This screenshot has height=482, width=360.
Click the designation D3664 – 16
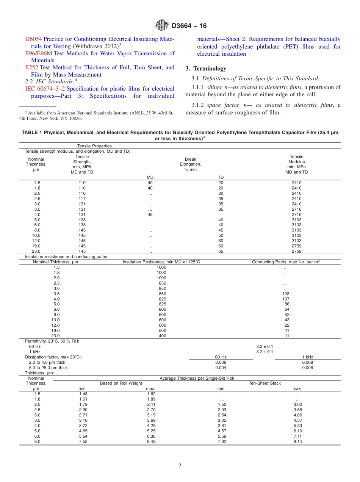189,26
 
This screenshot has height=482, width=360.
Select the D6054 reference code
33,39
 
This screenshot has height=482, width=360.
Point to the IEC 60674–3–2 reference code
45,89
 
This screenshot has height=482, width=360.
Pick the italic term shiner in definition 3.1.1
215,88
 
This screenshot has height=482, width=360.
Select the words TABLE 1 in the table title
32,133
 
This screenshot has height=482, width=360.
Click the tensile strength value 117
82,199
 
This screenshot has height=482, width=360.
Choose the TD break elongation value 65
221,251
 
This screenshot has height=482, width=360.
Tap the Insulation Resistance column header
161,262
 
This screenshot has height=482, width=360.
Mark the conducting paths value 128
286,294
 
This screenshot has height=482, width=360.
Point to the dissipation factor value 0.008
307,362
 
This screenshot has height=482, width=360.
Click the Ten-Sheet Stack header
265,383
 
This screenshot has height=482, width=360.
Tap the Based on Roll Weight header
121,383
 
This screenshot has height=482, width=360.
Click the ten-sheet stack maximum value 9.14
297,441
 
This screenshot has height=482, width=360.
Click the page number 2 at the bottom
180,466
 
